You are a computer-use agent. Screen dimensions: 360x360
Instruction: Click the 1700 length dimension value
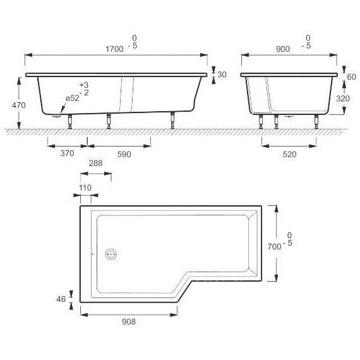pyautogui.click(x=114, y=49)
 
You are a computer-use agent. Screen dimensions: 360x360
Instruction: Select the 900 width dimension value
pyautogui.click(x=282, y=49)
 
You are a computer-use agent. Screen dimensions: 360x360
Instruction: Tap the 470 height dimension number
pyautogui.click(x=18, y=105)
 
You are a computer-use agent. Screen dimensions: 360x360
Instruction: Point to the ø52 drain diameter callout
pyautogui.click(x=73, y=99)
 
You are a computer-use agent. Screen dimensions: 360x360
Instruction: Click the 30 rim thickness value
pyautogui.click(x=222, y=75)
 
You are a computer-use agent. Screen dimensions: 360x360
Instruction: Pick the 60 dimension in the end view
pyautogui.click(x=351, y=77)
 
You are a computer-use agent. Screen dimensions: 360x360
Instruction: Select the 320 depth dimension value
pyautogui.click(x=343, y=99)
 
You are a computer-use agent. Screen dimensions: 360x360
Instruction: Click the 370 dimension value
pyautogui.click(x=67, y=153)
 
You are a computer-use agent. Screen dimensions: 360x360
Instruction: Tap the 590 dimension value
pyautogui.click(x=124, y=154)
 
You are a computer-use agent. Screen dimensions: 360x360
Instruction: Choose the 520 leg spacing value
pyautogui.click(x=289, y=154)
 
